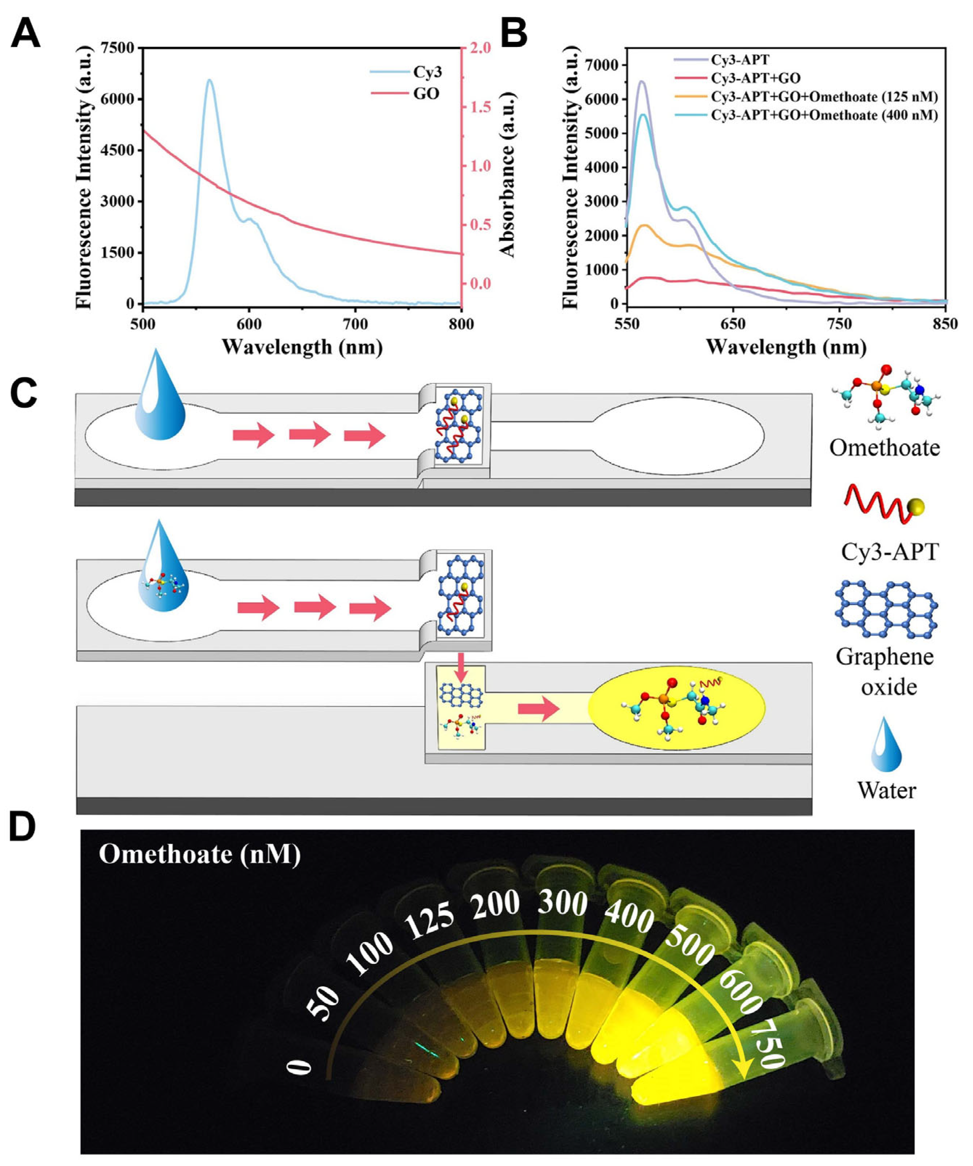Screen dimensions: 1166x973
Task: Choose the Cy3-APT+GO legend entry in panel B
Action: point(756,78)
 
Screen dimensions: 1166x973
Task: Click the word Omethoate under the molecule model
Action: point(884,447)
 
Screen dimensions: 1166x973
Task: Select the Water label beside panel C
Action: point(886,790)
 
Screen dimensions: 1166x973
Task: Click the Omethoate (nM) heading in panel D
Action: point(200,853)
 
